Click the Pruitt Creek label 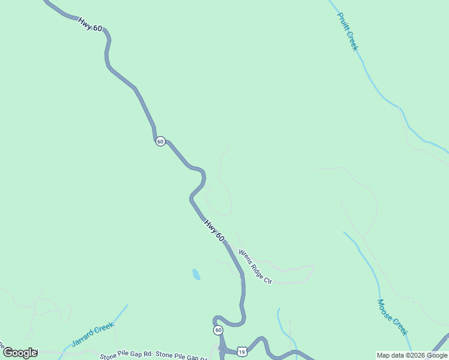point(348,31)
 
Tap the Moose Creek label point(393,317)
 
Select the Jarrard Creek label point(92,334)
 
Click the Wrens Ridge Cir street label point(255,266)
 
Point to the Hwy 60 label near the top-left point(90,24)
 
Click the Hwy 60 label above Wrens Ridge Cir point(214,230)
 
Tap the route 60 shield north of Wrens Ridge point(160,141)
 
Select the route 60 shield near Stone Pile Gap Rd point(218,331)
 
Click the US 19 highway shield point(241,349)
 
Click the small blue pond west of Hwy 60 point(196,275)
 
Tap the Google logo point(20,353)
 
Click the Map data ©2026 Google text point(412,355)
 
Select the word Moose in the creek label point(385,308)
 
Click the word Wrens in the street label point(244,256)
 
